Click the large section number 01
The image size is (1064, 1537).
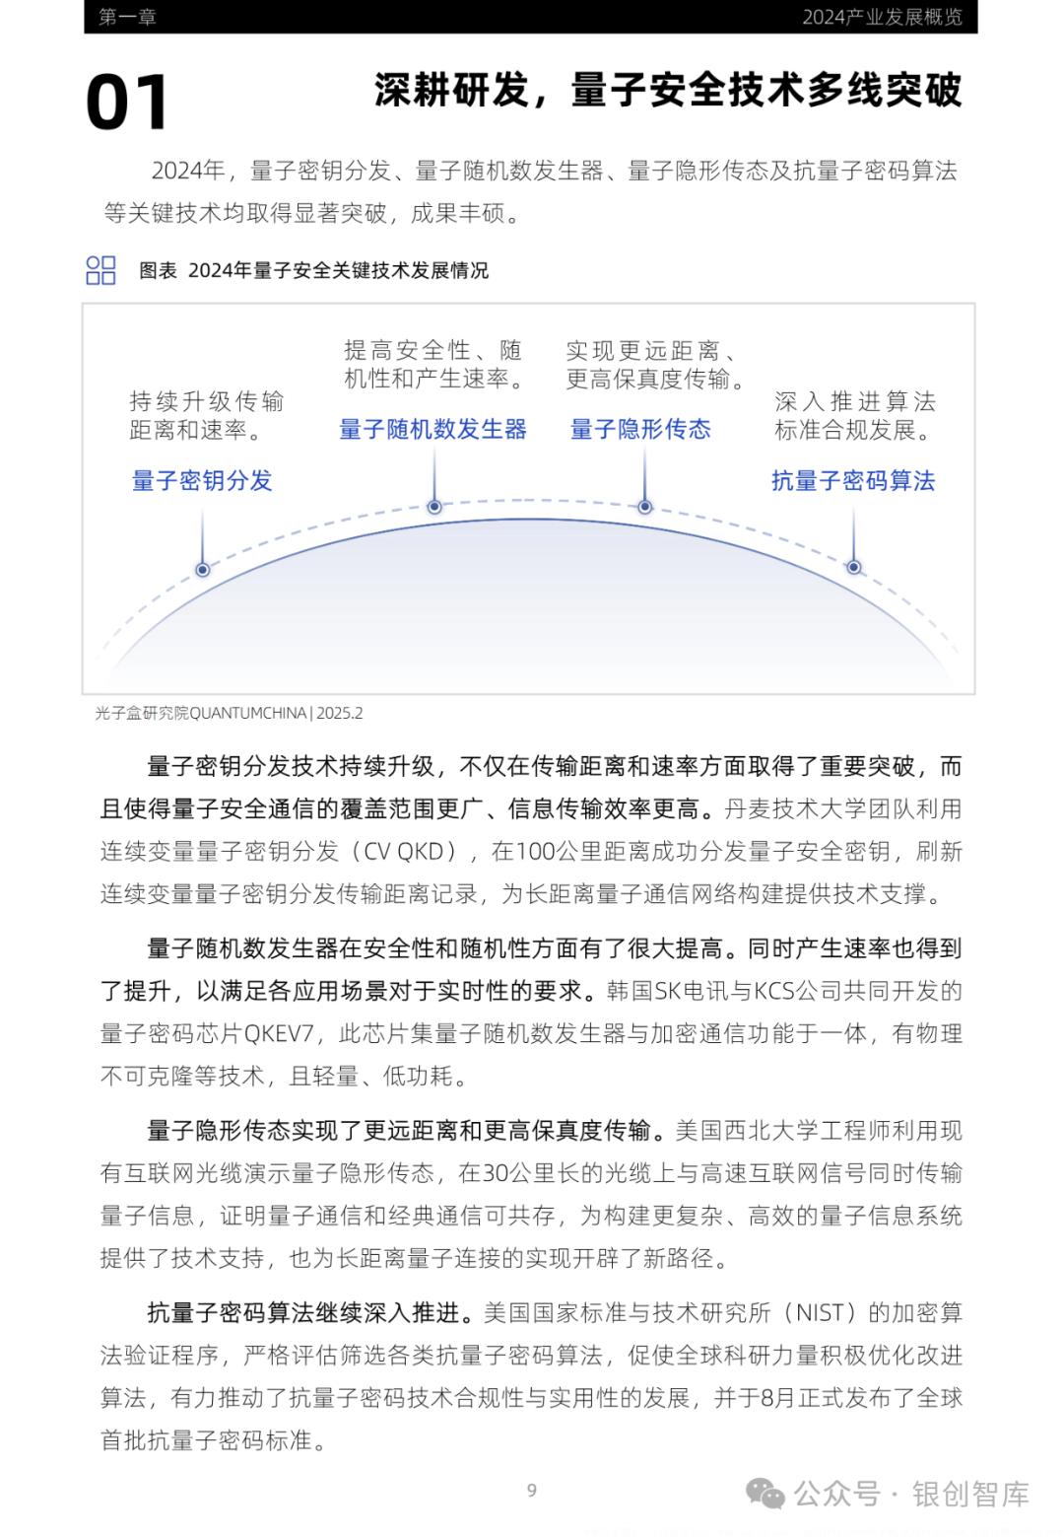click(127, 104)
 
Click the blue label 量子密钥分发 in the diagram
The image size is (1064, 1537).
click(202, 480)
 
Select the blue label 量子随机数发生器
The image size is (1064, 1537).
click(432, 429)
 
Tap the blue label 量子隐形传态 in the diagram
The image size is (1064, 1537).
click(640, 429)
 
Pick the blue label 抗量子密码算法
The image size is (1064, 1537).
click(853, 480)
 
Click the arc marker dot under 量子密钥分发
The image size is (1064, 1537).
click(203, 569)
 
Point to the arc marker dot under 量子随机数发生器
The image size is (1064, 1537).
click(434, 507)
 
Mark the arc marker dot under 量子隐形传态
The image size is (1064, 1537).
click(645, 507)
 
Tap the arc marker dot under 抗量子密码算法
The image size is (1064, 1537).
click(854, 567)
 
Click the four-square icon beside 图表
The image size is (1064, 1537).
click(100, 270)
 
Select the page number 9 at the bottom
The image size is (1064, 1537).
click(532, 1490)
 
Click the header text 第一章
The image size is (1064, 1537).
click(127, 17)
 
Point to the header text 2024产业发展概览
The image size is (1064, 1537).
click(882, 17)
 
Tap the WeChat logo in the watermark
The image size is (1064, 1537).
click(765, 1494)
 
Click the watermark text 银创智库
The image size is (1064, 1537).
click(970, 1494)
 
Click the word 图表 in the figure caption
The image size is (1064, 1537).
click(158, 270)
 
